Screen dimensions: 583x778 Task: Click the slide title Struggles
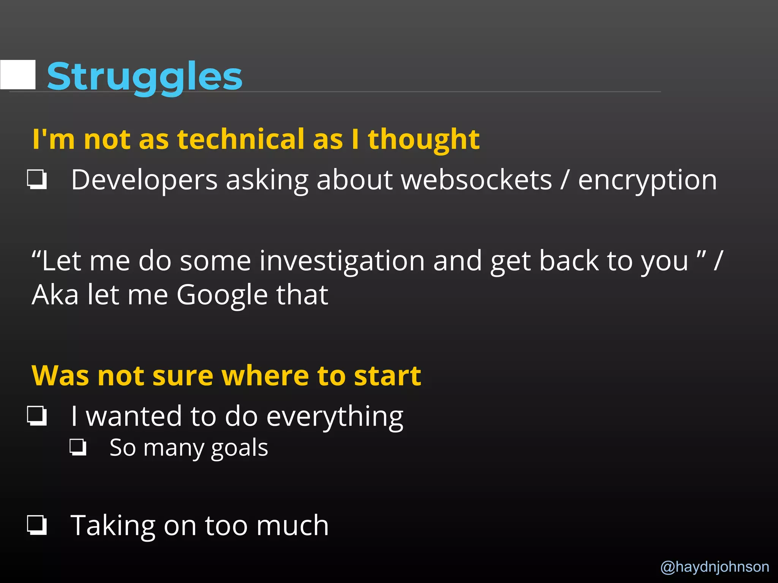click(144, 77)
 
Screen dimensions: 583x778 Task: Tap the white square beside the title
click(18, 75)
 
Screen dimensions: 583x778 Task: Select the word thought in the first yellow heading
click(424, 140)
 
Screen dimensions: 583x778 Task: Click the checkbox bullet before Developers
click(37, 179)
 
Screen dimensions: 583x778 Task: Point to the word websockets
click(476, 180)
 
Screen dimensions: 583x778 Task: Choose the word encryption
click(647, 180)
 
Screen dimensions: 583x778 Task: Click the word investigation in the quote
click(342, 261)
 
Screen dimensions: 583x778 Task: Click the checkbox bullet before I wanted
click(37, 416)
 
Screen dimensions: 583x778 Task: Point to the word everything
click(335, 417)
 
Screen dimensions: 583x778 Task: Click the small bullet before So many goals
click(78, 447)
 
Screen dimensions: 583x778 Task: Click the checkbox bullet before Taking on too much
click(37, 525)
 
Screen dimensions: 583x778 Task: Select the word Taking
click(113, 526)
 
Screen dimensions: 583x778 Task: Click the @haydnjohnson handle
click(715, 566)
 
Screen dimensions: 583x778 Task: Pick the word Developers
click(144, 180)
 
